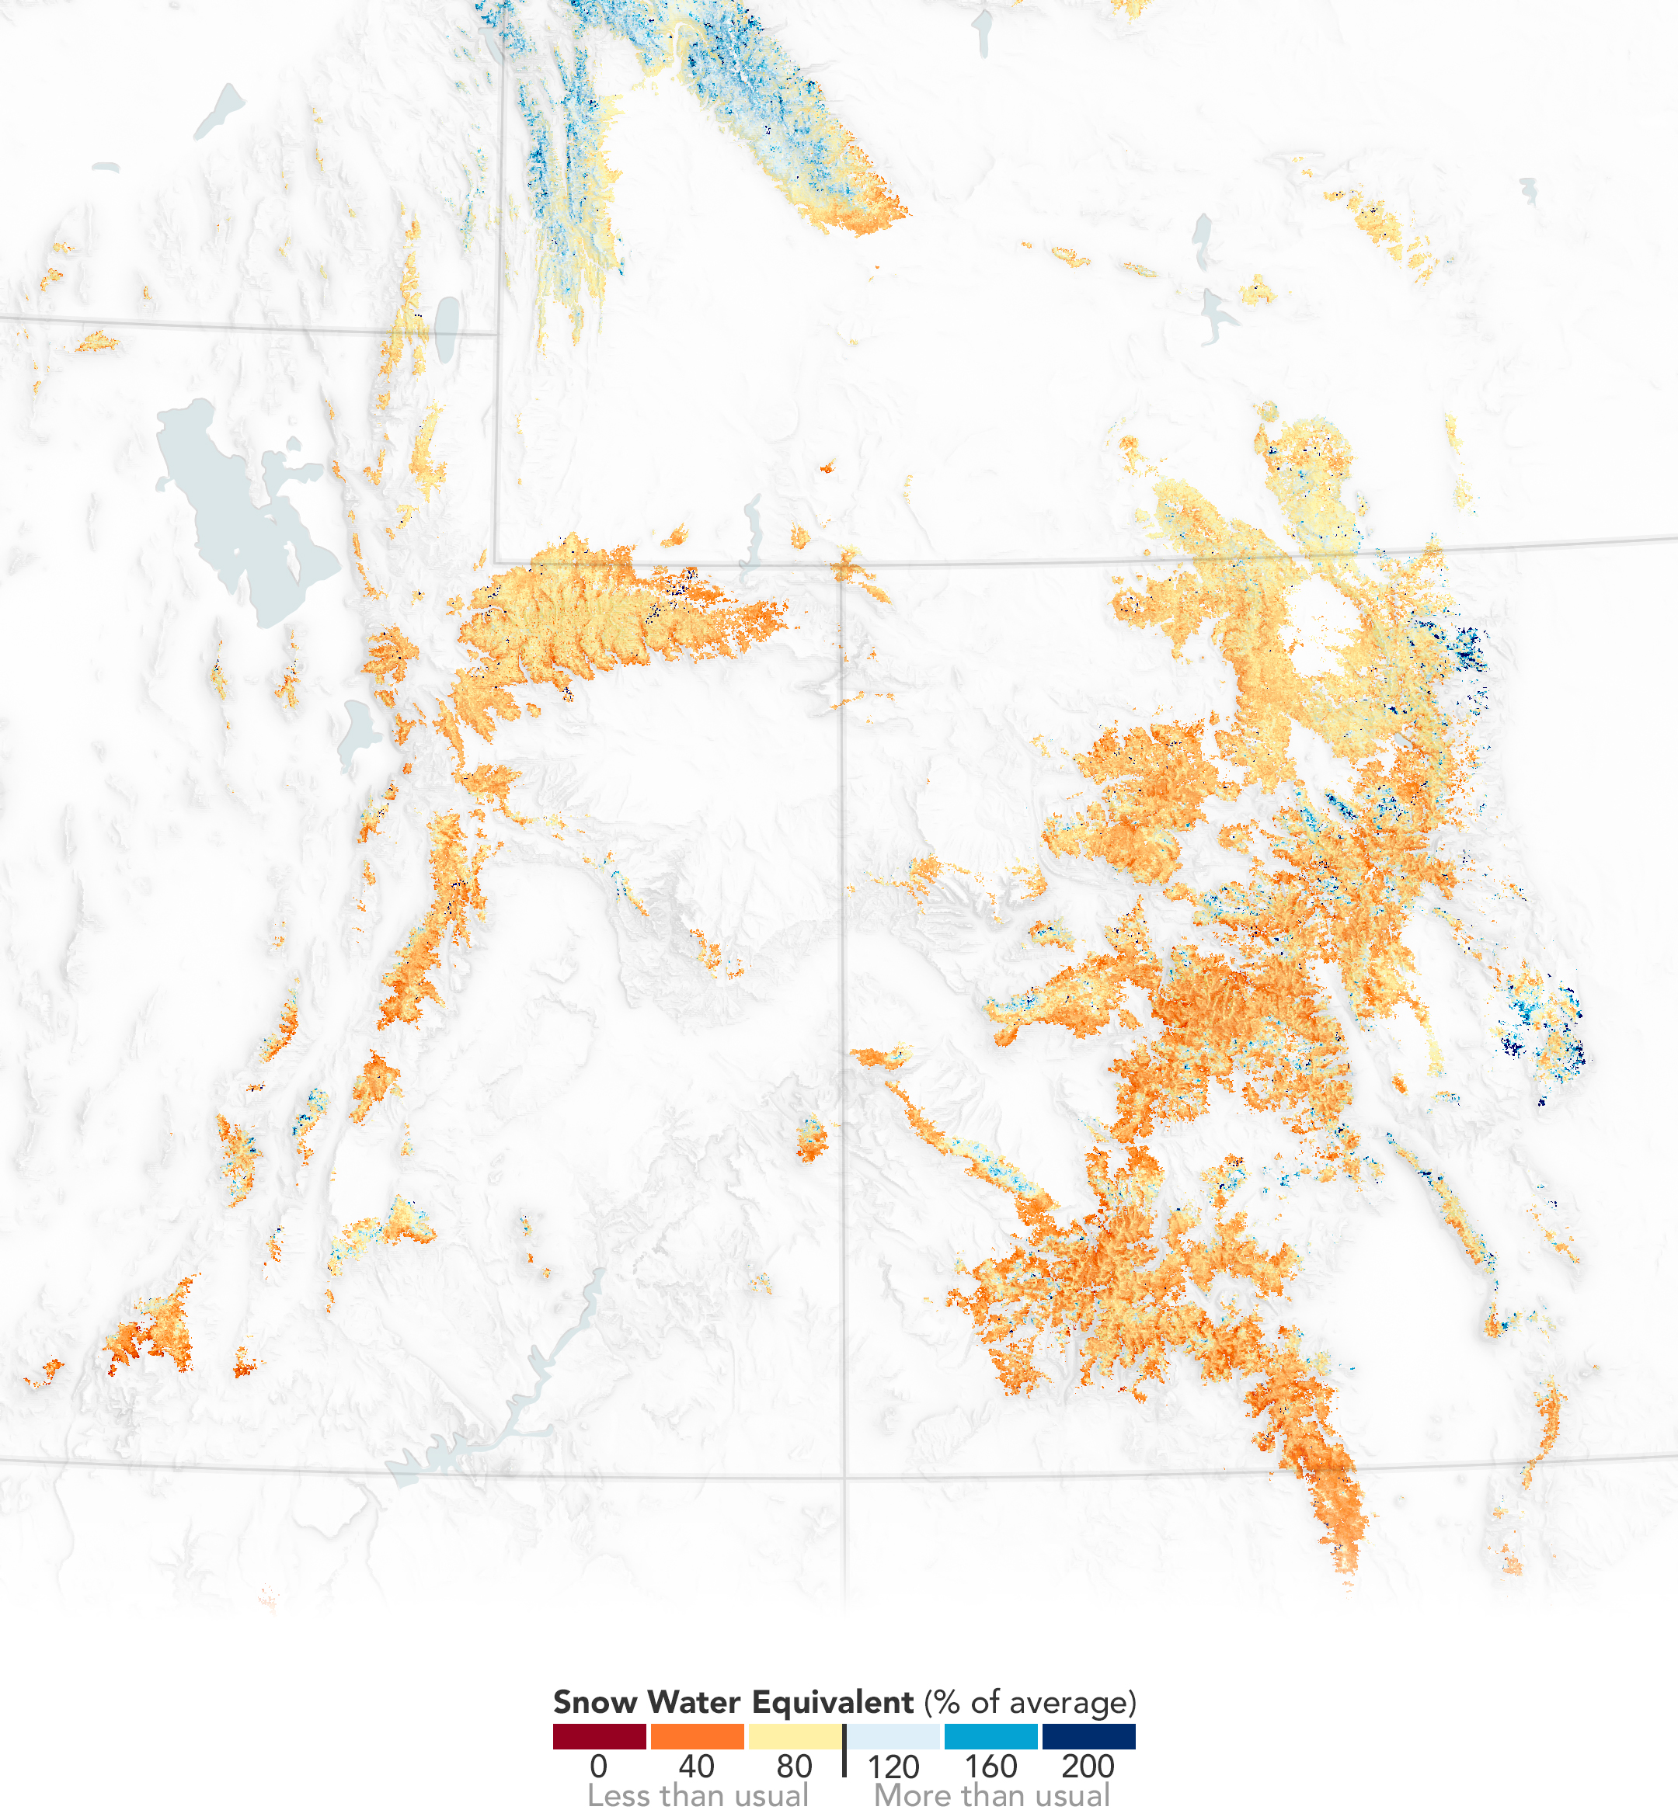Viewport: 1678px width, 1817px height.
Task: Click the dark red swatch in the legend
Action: (x=599, y=1736)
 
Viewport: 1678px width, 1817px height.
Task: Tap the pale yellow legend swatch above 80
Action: (x=795, y=1736)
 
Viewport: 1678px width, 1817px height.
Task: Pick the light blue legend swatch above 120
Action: (x=893, y=1736)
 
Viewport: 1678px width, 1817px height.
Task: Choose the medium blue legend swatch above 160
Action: (x=990, y=1736)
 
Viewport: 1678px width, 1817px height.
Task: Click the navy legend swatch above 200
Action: (x=1088, y=1736)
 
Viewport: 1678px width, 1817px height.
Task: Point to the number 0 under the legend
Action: (x=598, y=1767)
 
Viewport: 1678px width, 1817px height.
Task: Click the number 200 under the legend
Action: (x=1088, y=1767)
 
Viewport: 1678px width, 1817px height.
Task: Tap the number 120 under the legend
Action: (x=893, y=1767)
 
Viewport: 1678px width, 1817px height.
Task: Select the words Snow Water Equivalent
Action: (x=733, y=1702)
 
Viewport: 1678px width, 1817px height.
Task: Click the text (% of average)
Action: (x=1031, y=1703)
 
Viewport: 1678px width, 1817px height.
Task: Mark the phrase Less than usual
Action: (x=698, y=1795)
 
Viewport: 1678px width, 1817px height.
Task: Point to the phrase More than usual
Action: (x=991, y=1795)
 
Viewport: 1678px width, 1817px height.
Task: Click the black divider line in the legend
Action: (x=844, y=1751)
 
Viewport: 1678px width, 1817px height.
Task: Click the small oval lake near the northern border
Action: (x=447, y=329)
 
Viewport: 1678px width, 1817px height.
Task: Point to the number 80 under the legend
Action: (x=795, y=1767)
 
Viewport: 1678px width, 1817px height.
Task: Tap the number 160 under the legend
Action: (x=990, y=1767)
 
